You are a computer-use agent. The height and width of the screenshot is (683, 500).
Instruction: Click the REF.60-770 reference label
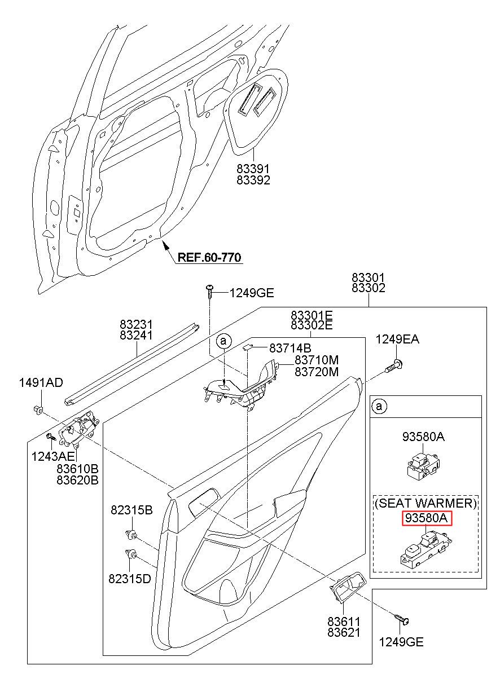tap(209, 257)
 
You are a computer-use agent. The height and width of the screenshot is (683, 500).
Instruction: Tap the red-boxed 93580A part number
tap(427, 518)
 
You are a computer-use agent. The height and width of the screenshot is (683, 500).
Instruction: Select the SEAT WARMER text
tap(426, 503)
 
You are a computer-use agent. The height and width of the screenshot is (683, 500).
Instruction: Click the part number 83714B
tap(290, 348)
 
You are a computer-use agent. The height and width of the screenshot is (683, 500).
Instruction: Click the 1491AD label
tap(41, 382)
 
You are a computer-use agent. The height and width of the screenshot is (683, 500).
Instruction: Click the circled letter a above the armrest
tap(224, 341)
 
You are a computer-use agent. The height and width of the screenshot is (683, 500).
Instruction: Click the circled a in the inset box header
tap(379, 406)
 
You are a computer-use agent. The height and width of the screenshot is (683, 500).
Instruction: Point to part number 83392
tap(253, 180)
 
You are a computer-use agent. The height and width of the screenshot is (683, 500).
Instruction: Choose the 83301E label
tap(312, 315)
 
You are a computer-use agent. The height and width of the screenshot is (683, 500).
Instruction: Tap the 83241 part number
tap(136, 335)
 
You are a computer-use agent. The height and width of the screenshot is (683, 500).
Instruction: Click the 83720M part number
tap(317, 372)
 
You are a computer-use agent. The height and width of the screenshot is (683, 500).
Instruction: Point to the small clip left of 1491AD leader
tap(38, 408)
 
